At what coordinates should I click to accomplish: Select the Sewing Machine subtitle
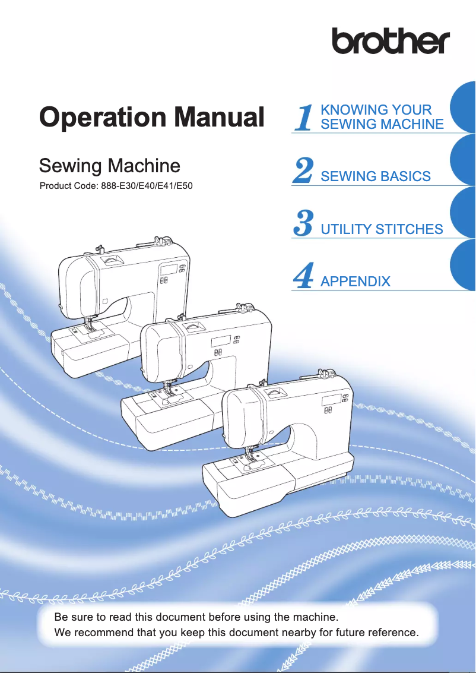pos(109,165)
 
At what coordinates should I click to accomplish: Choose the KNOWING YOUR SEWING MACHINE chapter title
pos(382,117)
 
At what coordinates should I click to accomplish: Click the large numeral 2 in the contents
pos(303,170)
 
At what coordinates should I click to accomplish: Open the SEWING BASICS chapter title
pos(375,176)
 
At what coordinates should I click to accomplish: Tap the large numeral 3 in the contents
pos(303,223)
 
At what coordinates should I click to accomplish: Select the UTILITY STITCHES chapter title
pos(382,229)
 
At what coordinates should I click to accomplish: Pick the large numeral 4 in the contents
pos(303,276)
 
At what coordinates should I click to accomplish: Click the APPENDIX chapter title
pos(355,282)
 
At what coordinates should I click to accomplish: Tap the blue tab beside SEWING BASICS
pos(464,161)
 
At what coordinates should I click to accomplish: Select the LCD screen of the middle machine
pos(221,340)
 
